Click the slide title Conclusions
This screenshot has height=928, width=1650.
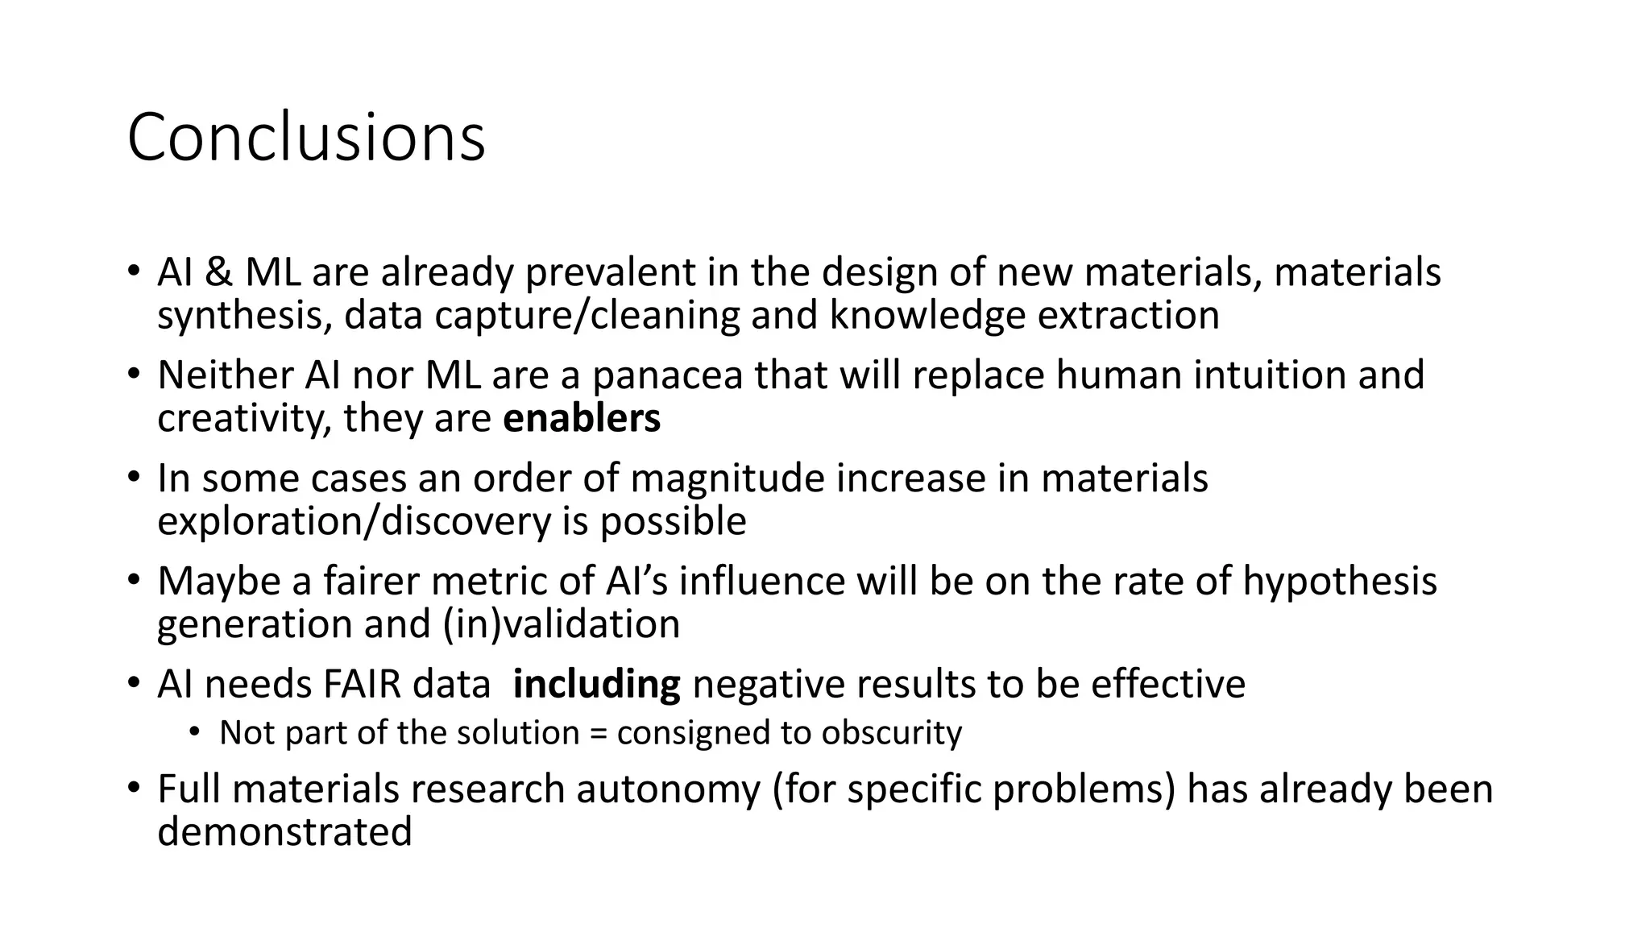coord(306,137)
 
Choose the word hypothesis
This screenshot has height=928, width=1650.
coord(1340,582)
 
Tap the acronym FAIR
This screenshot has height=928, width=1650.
coord(362,685)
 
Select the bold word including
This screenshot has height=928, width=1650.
coord(596,685)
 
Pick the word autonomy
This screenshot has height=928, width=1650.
coord(668,789)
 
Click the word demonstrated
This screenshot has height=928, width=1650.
coord(284,832)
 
